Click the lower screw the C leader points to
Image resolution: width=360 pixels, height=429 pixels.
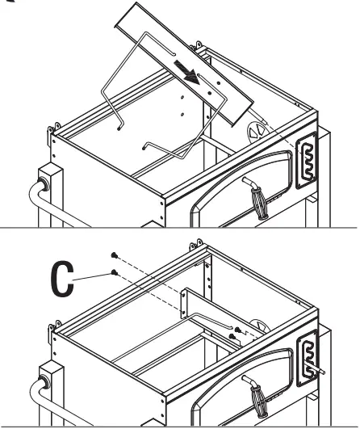coord(118,272)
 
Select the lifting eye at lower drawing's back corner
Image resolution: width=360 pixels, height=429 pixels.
coord(193,240)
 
